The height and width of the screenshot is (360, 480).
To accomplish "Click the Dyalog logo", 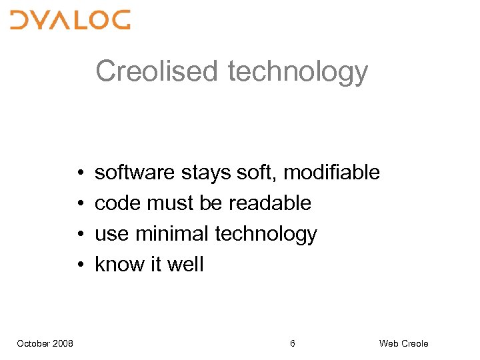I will click(x=70, y=20).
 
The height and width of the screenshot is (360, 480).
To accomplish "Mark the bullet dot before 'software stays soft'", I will click(x=79, y=173).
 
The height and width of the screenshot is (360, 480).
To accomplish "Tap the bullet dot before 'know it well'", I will click(x=79, y=265).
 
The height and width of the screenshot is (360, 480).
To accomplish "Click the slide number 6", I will click(x=293, y=343).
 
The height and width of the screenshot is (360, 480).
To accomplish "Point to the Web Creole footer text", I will click(x=403, y=343).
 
